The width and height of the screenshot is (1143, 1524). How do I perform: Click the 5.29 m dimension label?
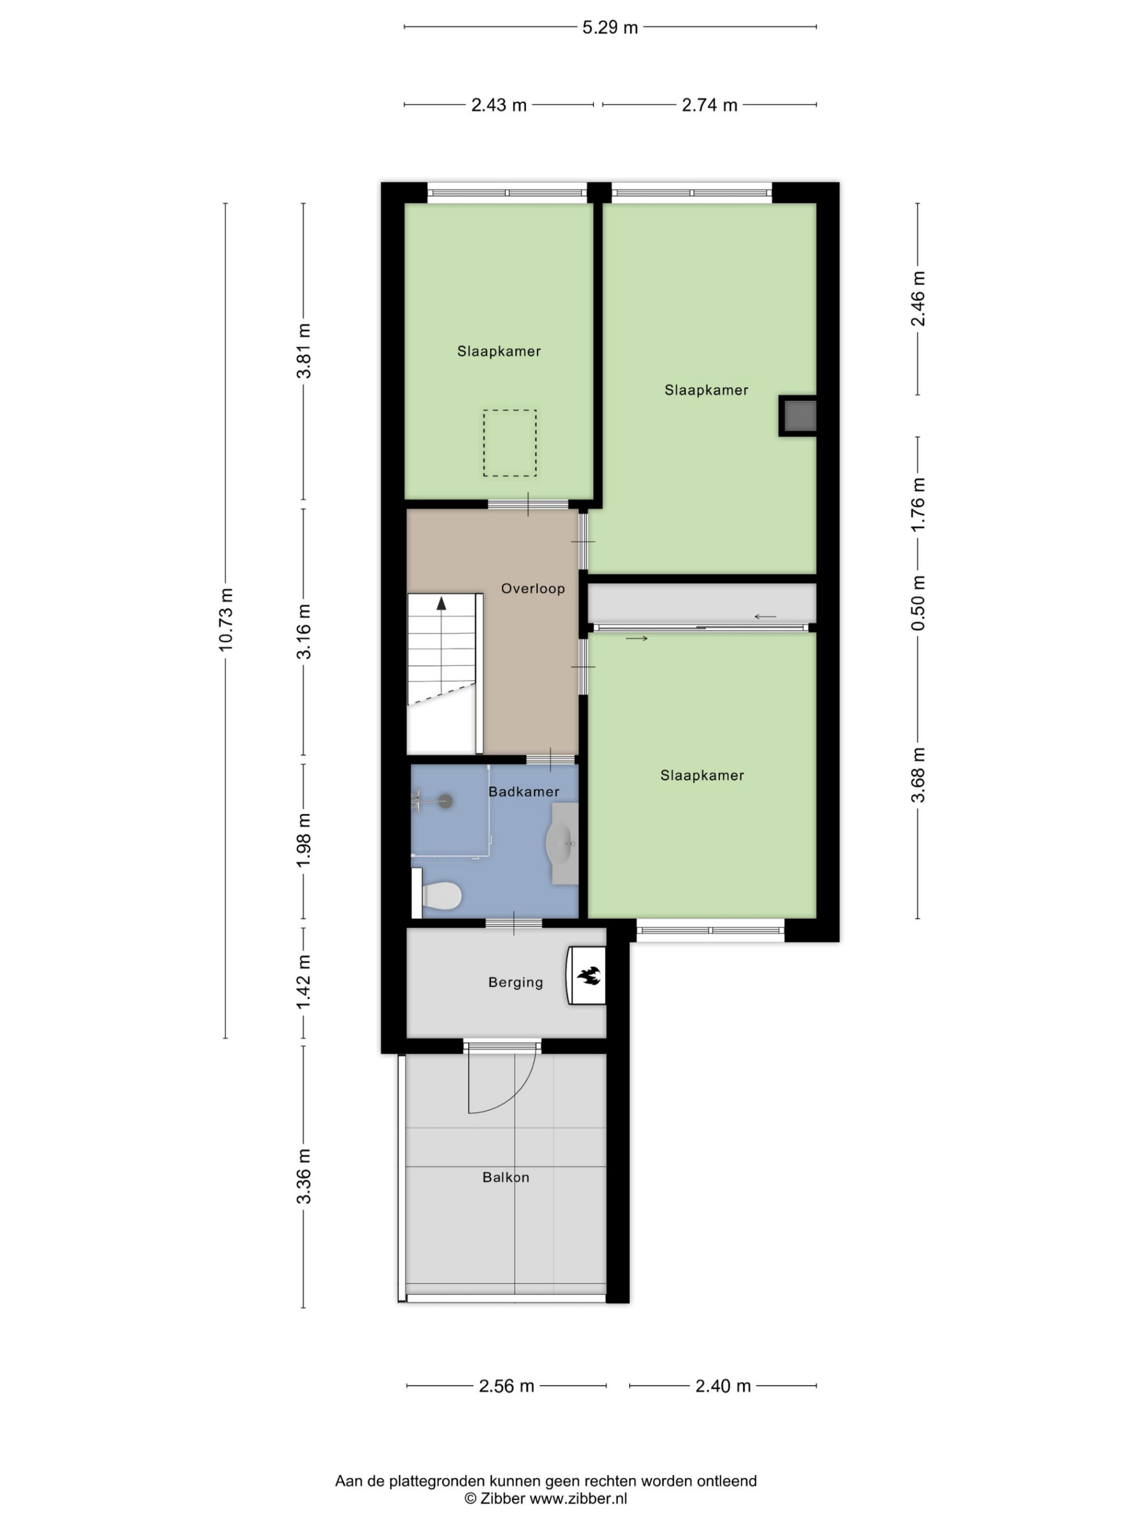610,27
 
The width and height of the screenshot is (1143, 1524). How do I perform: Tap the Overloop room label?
533,589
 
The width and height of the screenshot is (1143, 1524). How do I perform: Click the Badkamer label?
523,791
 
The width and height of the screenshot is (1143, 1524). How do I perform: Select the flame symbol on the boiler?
589,975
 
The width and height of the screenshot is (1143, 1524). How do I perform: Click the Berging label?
515,982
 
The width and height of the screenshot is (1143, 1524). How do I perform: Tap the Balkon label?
506,1178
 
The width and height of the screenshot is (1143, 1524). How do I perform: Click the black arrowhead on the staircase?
441,604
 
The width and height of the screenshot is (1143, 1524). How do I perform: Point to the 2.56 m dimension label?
506,1386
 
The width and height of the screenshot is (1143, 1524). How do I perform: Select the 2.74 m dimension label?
710,105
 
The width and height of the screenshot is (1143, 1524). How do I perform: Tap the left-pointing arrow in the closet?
765,617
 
